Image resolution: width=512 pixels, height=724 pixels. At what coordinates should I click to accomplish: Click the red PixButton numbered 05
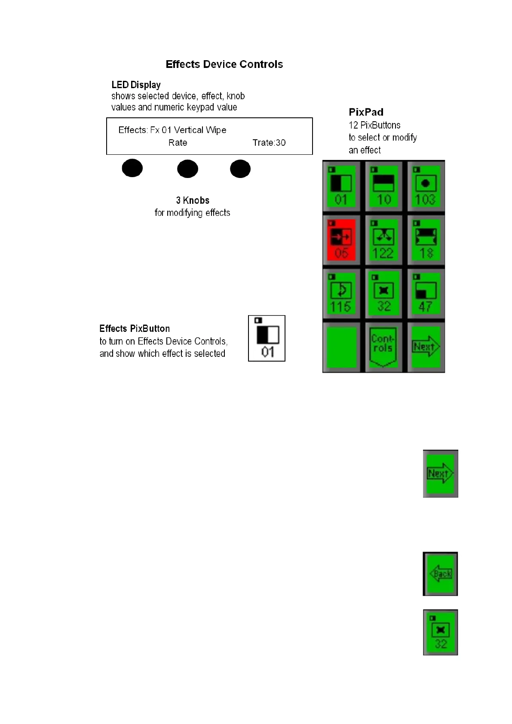coord(341,240)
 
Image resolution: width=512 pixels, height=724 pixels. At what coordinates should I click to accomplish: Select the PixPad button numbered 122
coord(383,240)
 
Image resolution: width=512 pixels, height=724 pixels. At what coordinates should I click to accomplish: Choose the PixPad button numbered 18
coord(426,240)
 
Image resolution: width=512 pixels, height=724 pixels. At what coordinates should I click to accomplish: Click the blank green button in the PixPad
coord(341,347)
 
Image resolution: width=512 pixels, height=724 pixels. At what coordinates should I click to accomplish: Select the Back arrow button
coord(440,574)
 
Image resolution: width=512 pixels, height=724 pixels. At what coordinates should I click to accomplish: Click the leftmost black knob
coord(132,169)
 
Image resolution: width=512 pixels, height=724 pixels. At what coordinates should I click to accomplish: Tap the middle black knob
coord(187,169)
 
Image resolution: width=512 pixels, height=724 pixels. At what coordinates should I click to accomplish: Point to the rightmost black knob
coord(240,169)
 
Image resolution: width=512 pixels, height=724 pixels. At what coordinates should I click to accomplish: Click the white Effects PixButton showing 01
coord(267,338)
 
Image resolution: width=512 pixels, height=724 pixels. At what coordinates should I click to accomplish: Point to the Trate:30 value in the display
coord(269,143)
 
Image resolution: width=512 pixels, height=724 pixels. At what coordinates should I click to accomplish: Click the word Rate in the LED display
coord(178,143)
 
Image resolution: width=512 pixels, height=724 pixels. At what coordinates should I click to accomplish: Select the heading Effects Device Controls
coord(224,64)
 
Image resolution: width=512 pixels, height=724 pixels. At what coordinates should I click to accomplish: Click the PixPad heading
coord(366,112)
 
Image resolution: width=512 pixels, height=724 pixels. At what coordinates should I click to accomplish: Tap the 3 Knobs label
coord(193,200)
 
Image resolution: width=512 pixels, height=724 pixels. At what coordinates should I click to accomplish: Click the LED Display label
coord(136,85)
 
